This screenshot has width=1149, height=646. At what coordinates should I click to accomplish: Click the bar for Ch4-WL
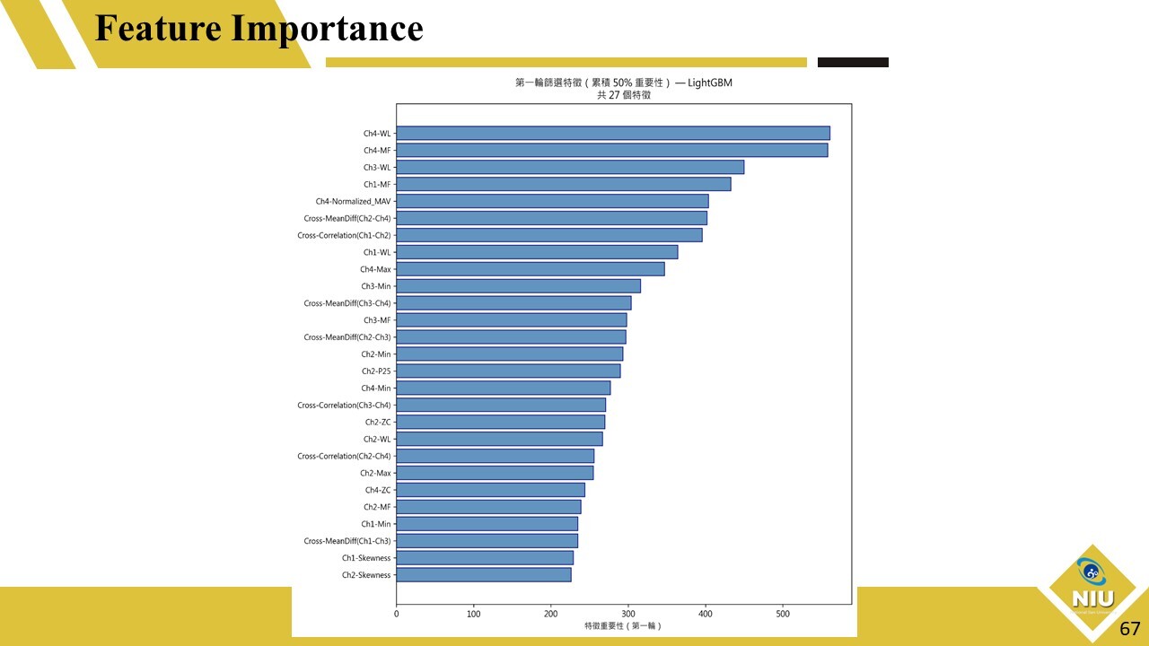[613, 134]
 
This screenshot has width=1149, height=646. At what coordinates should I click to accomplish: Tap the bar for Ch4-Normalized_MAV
[552, 201]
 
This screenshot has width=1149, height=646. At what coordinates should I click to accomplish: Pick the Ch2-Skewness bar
[484, 575]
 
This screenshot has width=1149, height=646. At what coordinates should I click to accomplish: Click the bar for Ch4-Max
[531, 269]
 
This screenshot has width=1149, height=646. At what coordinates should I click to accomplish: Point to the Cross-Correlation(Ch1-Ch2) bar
[549, 235]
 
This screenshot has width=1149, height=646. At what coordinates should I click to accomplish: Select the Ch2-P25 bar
[508, 371]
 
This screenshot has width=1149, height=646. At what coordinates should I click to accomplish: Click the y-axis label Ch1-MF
[377, 185]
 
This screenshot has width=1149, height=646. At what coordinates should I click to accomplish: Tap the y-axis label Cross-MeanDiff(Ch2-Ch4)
[347, 218]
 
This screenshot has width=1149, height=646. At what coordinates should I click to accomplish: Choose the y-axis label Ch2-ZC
[378, 423]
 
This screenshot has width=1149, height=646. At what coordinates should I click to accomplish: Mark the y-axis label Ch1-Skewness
[366, 558]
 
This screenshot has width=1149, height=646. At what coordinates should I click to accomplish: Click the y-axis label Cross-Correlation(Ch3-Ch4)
[344, 406]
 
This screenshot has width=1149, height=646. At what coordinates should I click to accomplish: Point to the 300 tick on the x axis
[628, 615]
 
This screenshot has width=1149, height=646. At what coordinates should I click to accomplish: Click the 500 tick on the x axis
[783, 615]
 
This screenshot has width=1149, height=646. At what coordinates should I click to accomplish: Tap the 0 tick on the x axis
[397, 615]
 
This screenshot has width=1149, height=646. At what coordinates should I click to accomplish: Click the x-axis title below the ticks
[622, 625]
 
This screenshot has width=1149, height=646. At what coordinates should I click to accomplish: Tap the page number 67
[1129, 628]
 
